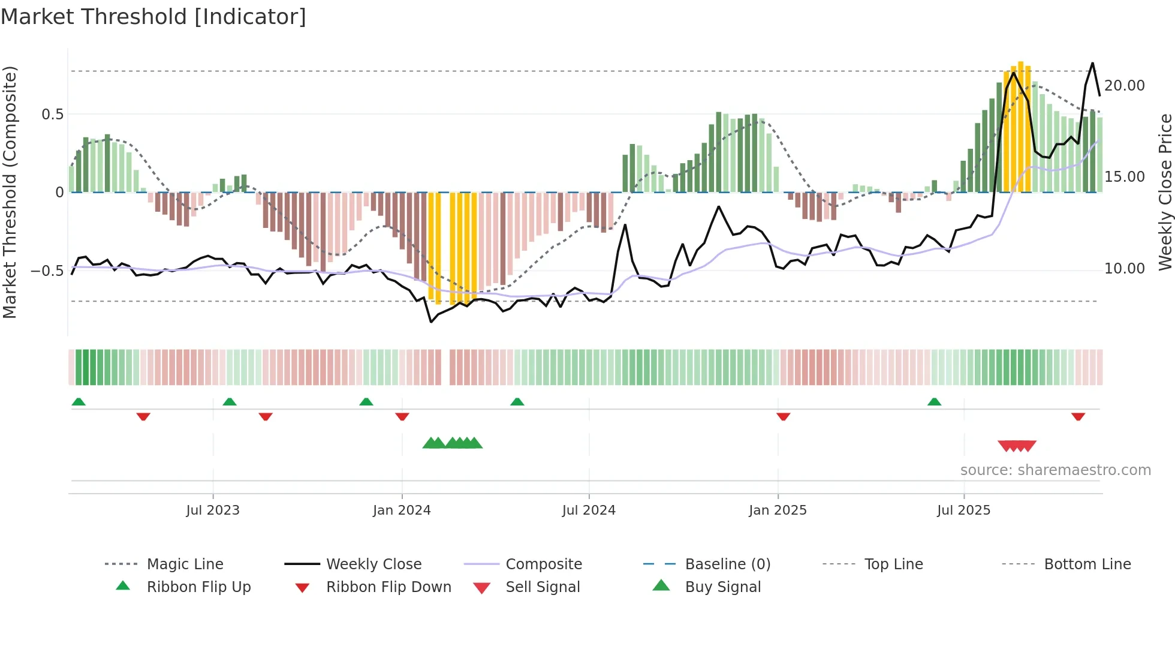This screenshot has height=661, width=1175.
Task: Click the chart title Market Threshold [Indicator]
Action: click(153, 17)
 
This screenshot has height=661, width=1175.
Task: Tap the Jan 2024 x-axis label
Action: click(402, 510)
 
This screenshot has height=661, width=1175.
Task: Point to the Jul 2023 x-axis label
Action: click(213, 510)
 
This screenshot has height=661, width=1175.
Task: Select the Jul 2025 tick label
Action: click(963, 510)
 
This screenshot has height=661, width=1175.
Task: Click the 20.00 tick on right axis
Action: click(1124, 86)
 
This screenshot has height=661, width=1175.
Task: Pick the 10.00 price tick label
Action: click(1124, 269)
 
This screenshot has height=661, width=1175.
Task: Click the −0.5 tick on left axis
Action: click(47, 271)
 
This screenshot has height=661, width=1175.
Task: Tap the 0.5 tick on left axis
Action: click(52, 115)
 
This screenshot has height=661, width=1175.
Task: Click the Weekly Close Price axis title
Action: click(1165, 192)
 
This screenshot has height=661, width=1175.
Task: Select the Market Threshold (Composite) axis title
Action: click(10, 192)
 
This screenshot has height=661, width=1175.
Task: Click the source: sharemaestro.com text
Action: click(1055, 470)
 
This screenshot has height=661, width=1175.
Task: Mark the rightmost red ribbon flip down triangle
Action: click(1078, 416)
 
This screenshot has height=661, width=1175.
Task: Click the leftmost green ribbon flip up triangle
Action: click(79, 402)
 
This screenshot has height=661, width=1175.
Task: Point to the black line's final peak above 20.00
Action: click(1092, 63)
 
